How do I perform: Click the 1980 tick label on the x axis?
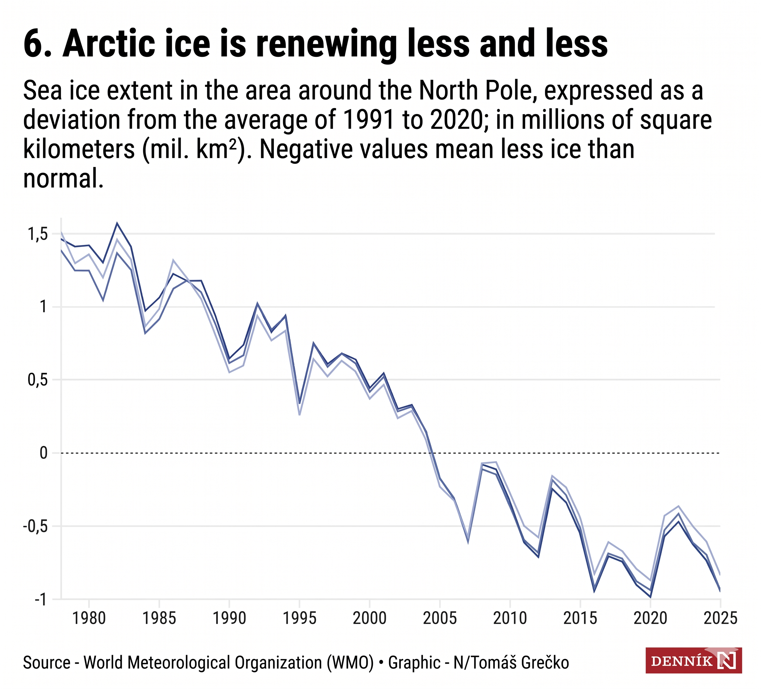coord(89,618)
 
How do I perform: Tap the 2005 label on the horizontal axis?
coord(440,618)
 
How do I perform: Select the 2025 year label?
coord(720,618)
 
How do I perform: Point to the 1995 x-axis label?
coord(299,618)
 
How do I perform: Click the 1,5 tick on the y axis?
coord(38,234)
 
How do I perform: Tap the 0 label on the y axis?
coord(44,453)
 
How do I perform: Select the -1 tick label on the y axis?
coord(41,599)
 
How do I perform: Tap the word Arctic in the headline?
coord(109,44)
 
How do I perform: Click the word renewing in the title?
coord(326,44)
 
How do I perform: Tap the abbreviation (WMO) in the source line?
coord(350,663)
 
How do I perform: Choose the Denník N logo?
coord(694,661)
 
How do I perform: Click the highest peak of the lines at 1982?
coord(117,223)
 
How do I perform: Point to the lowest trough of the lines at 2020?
coord(651,597)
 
